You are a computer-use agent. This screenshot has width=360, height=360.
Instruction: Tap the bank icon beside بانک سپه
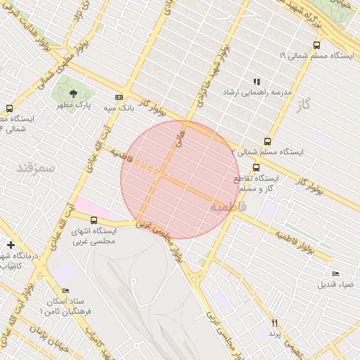119,98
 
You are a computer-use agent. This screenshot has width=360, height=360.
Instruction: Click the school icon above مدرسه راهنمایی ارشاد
257,82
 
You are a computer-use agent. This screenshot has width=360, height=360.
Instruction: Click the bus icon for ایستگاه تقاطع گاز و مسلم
256,168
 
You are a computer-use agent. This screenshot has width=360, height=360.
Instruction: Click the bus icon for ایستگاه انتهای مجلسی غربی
94,220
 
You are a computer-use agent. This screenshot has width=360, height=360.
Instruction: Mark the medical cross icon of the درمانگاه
10,244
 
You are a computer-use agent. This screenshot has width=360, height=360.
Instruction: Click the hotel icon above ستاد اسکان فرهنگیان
66,290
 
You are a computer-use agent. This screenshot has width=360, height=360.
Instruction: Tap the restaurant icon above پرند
275,322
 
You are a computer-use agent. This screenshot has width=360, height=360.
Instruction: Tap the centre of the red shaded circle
180,180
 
